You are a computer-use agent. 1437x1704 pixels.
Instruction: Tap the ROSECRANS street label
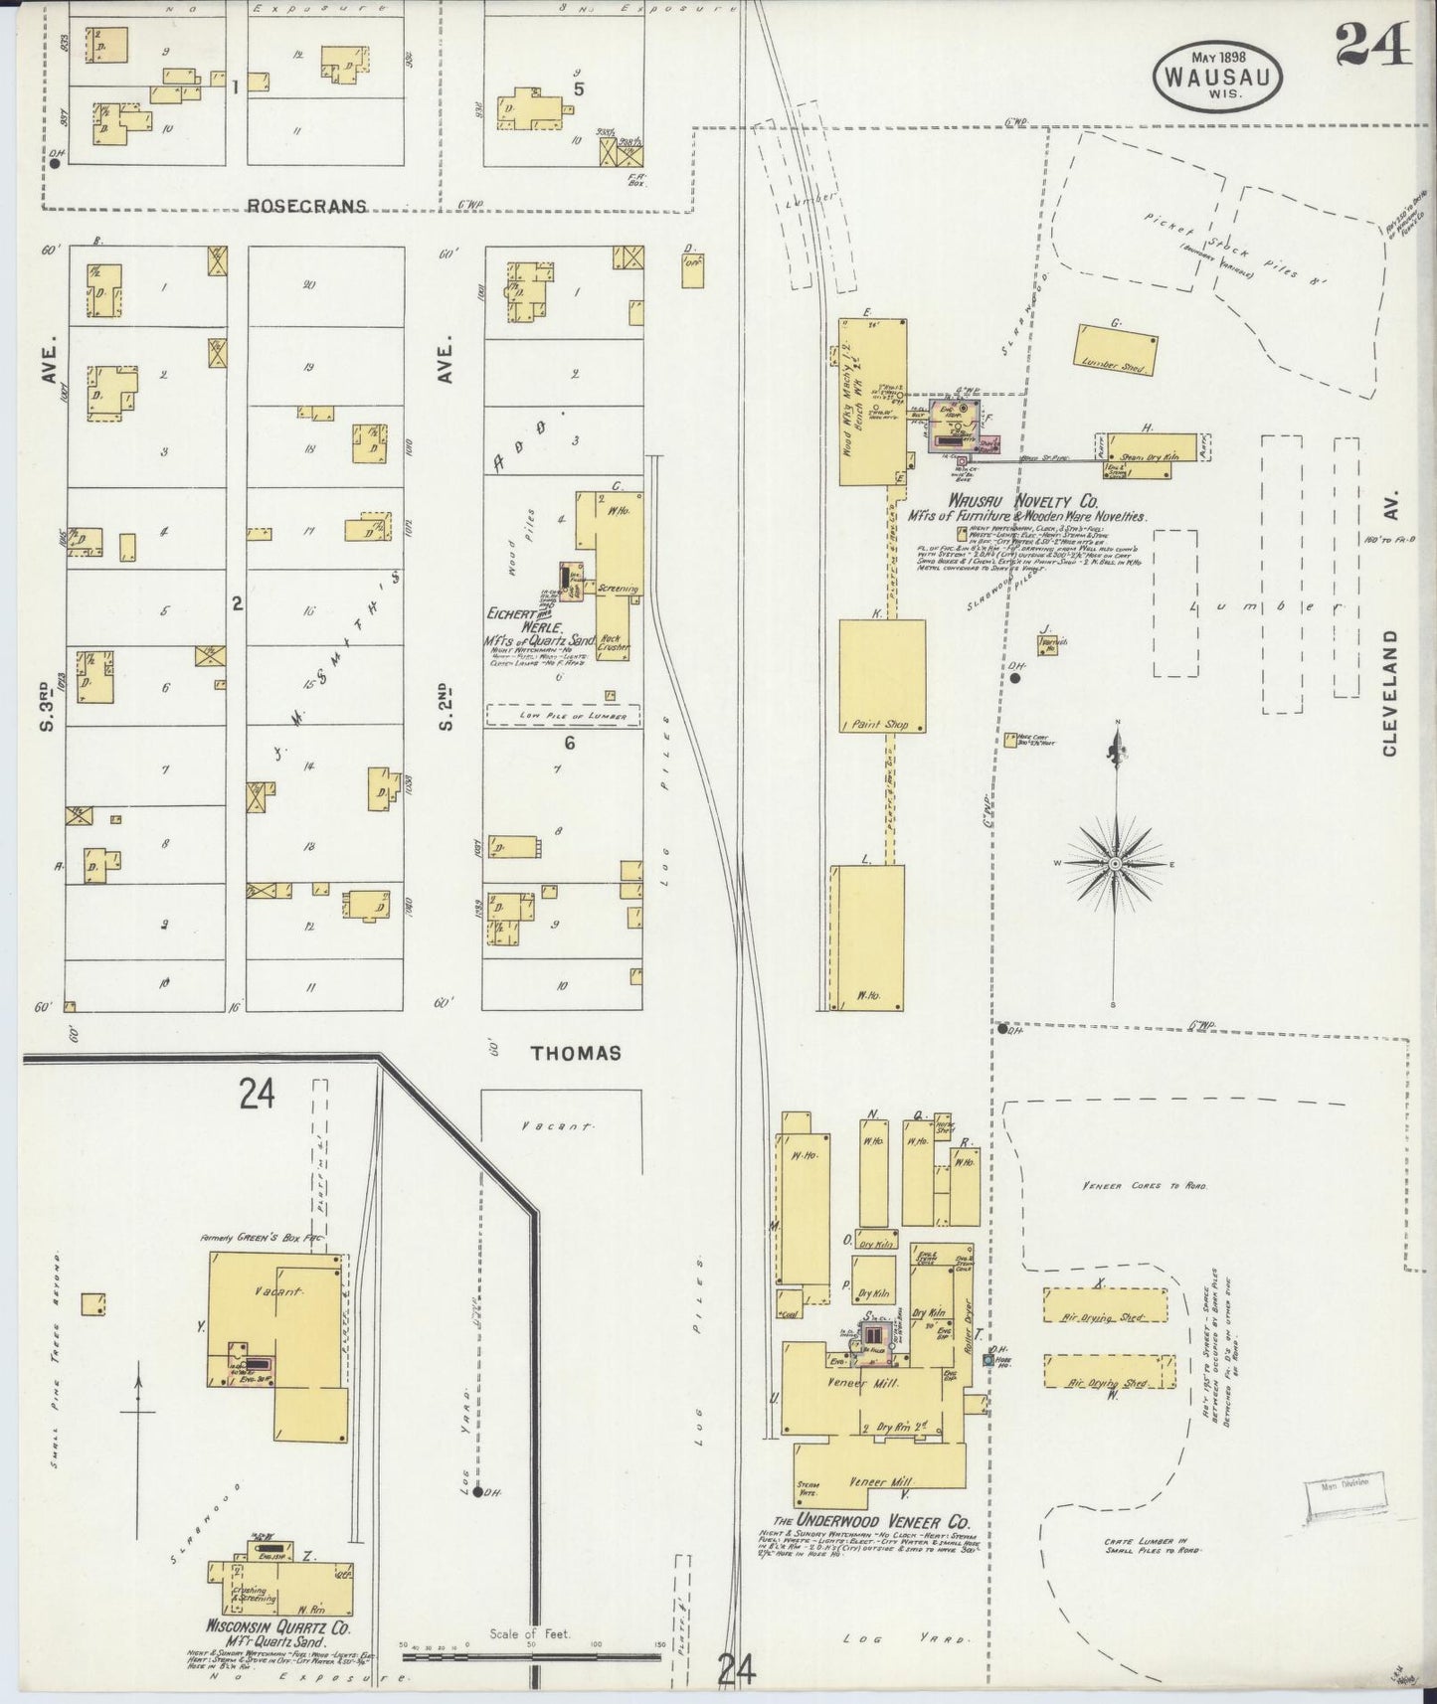[x=306, y=206]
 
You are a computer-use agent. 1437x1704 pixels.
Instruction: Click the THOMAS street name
[x=576, y=1053]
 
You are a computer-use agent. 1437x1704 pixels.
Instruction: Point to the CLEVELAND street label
[x=1389, y=692]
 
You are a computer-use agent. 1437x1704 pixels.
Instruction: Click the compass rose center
[x=1116, y=864]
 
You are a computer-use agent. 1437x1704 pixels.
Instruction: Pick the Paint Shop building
[x=882, y=676]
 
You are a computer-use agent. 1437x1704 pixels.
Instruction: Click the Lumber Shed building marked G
[x=1116, y=349]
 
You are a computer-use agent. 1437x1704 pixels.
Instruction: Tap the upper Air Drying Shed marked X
[x=1105, y=1304]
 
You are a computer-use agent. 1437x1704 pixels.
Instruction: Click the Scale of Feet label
[x=529, y=1633]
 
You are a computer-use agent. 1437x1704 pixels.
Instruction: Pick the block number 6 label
[x=569, y=743]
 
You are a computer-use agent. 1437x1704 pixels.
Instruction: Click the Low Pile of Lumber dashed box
[x=562, y=715]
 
